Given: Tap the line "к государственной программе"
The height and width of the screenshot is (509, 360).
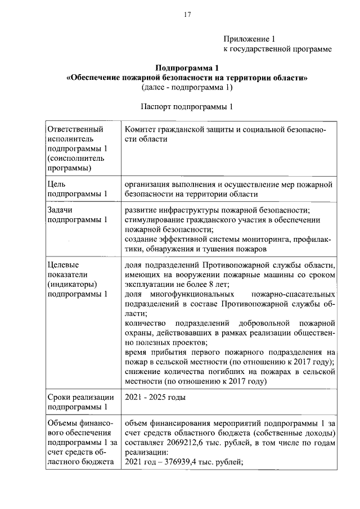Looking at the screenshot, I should [x=277, y=49].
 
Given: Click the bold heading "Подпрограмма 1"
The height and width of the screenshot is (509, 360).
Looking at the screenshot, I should [x=187, y=68].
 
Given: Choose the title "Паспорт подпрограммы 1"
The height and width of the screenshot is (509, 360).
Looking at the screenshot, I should [x=187, y=106].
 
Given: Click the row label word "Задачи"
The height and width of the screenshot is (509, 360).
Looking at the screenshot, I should [x=61, y=210].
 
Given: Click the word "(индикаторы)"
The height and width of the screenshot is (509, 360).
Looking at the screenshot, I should [x=73, y=284].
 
